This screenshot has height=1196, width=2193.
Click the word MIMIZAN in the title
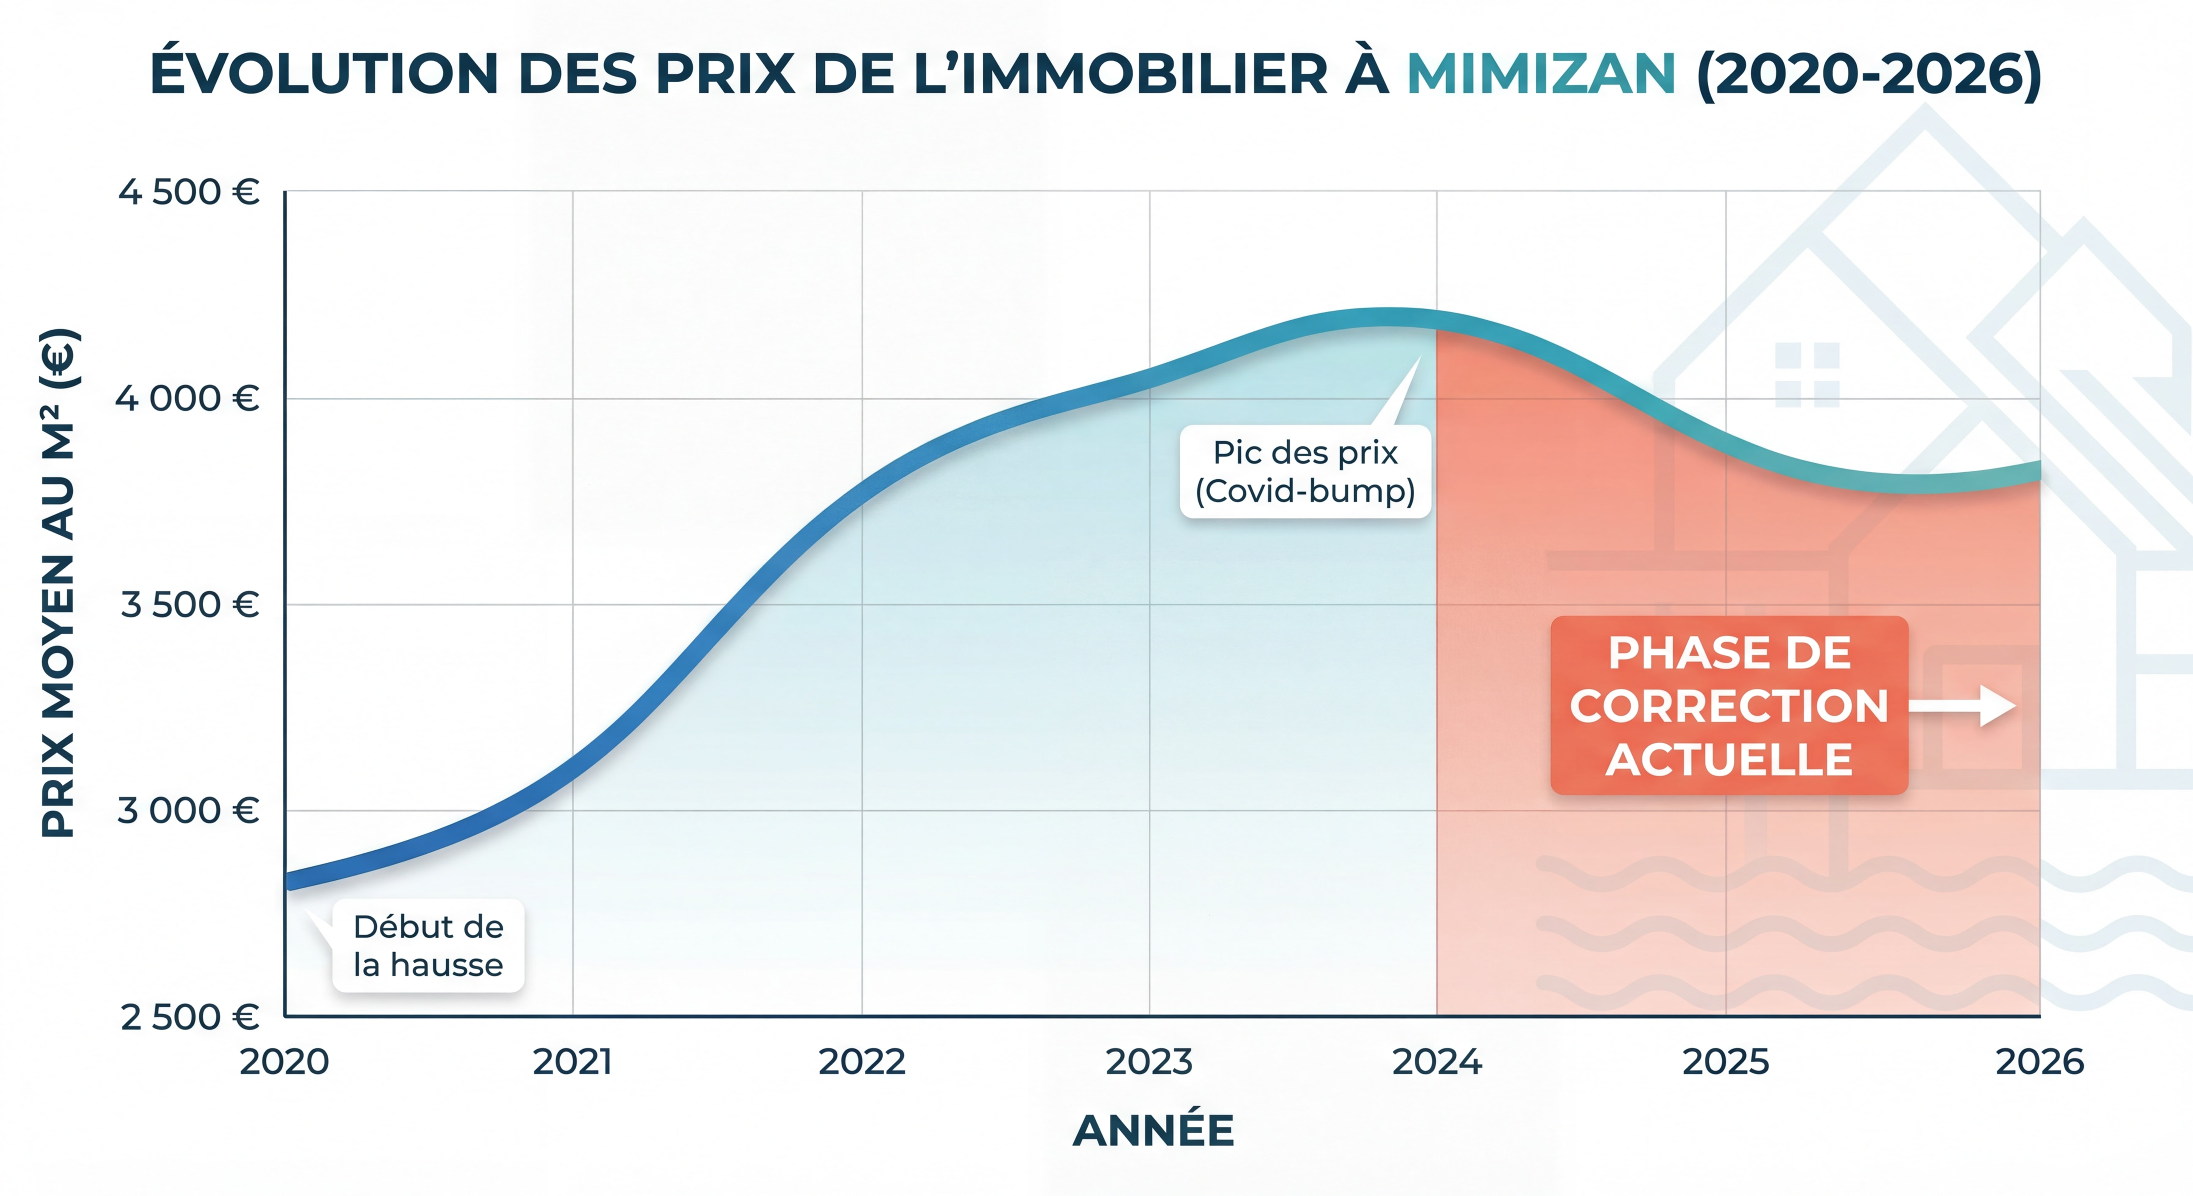point(1541,74)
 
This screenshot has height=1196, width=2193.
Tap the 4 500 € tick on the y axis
point(188,192)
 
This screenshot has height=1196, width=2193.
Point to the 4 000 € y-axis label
point(187,398)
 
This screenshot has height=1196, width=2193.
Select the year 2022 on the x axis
point(862,1062)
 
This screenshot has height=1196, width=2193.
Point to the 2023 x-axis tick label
point(1149,1062)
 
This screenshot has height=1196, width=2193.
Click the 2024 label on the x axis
point(1437,1062)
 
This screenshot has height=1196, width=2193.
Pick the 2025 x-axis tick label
point(1726,1062)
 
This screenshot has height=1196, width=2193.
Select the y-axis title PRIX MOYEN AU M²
point(60,583)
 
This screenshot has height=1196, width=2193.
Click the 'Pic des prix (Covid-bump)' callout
point(1305,471)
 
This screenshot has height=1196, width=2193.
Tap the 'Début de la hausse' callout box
point(428,946)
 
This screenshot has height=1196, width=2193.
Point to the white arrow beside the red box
point(1962,706)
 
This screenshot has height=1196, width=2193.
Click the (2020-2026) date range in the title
point(1869,74)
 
